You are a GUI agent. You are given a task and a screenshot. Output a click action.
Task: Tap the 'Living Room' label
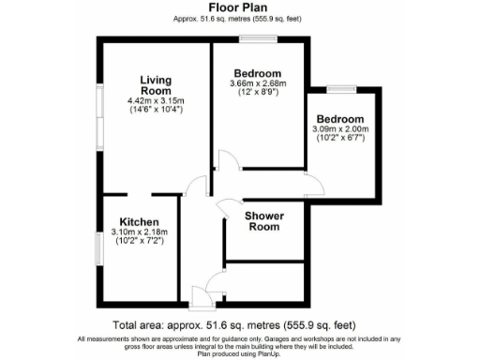[155, 84]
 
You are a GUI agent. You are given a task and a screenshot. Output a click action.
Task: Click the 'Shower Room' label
[263, 220]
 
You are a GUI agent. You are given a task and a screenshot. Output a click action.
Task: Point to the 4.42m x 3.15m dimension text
[156, 100]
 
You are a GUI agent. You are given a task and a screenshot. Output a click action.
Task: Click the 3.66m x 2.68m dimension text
[257, 84]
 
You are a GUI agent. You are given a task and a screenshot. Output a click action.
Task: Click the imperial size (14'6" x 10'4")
[156, 109]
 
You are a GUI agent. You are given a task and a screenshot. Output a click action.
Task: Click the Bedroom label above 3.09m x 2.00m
[339, 120]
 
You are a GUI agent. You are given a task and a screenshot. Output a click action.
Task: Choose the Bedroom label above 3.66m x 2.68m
[257, 74]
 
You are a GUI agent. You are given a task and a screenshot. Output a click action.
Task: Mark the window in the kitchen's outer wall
[100, 251]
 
